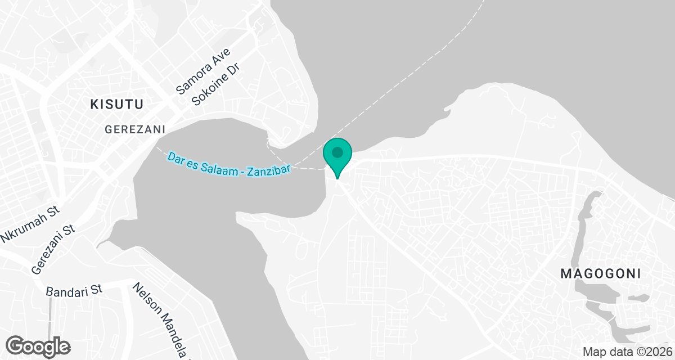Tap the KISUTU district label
[x=118, y=104]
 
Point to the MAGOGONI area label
[x=601, y=274]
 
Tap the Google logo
[x=38, y=346]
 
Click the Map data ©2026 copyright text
[x=627, y=352]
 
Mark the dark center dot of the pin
[x=337, y=152]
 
